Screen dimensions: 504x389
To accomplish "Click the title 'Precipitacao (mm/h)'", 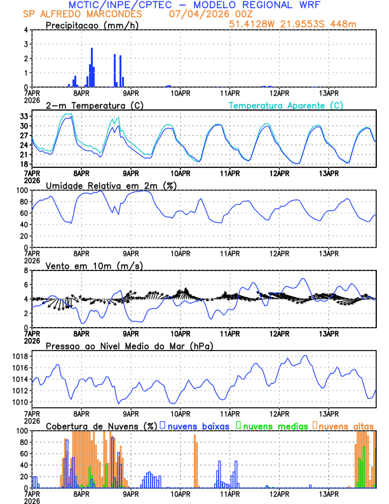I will [92, 25].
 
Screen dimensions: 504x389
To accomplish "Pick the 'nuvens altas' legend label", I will [346, 426].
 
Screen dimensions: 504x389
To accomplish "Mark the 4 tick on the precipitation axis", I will [26, 30].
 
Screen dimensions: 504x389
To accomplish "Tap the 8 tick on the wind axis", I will [26, 270].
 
